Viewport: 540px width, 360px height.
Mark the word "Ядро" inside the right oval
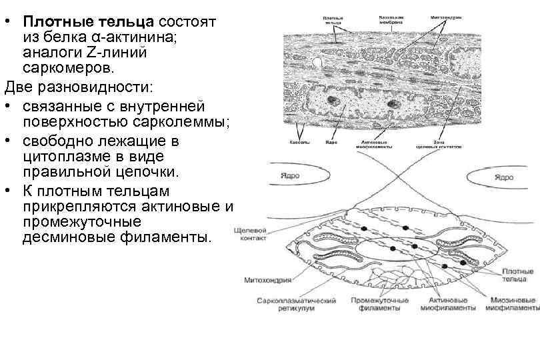click(503, 177)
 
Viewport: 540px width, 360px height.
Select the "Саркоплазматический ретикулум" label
click(297, 305)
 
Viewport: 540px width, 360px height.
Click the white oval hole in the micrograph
click(319, 63)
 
